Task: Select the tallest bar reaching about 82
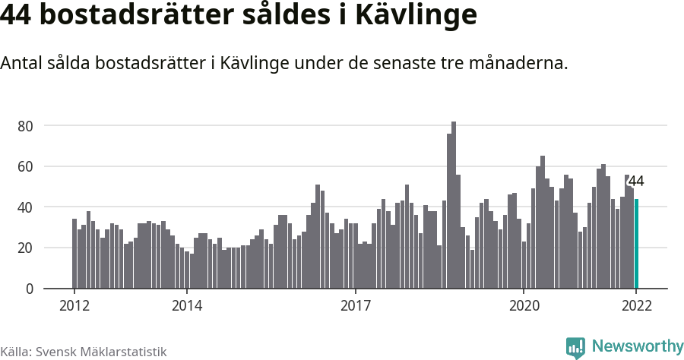[x=454, y=205]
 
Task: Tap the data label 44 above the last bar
[x=636, y=182]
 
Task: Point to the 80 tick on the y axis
[x=27, y=125]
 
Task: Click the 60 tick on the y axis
[x=27, y=166]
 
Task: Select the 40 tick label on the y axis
[x=27, y=207]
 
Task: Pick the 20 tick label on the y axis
[x=27, y=248]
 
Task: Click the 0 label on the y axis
[x=30, y=289]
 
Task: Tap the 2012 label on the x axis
[x=74, y=306]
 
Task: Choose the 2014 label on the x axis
[x=187, y=306]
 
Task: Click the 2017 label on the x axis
[x=355, y=306]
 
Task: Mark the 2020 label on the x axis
[x=524, y=306]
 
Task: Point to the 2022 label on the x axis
[x=636, y=306]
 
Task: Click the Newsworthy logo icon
[x=575, y=347]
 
